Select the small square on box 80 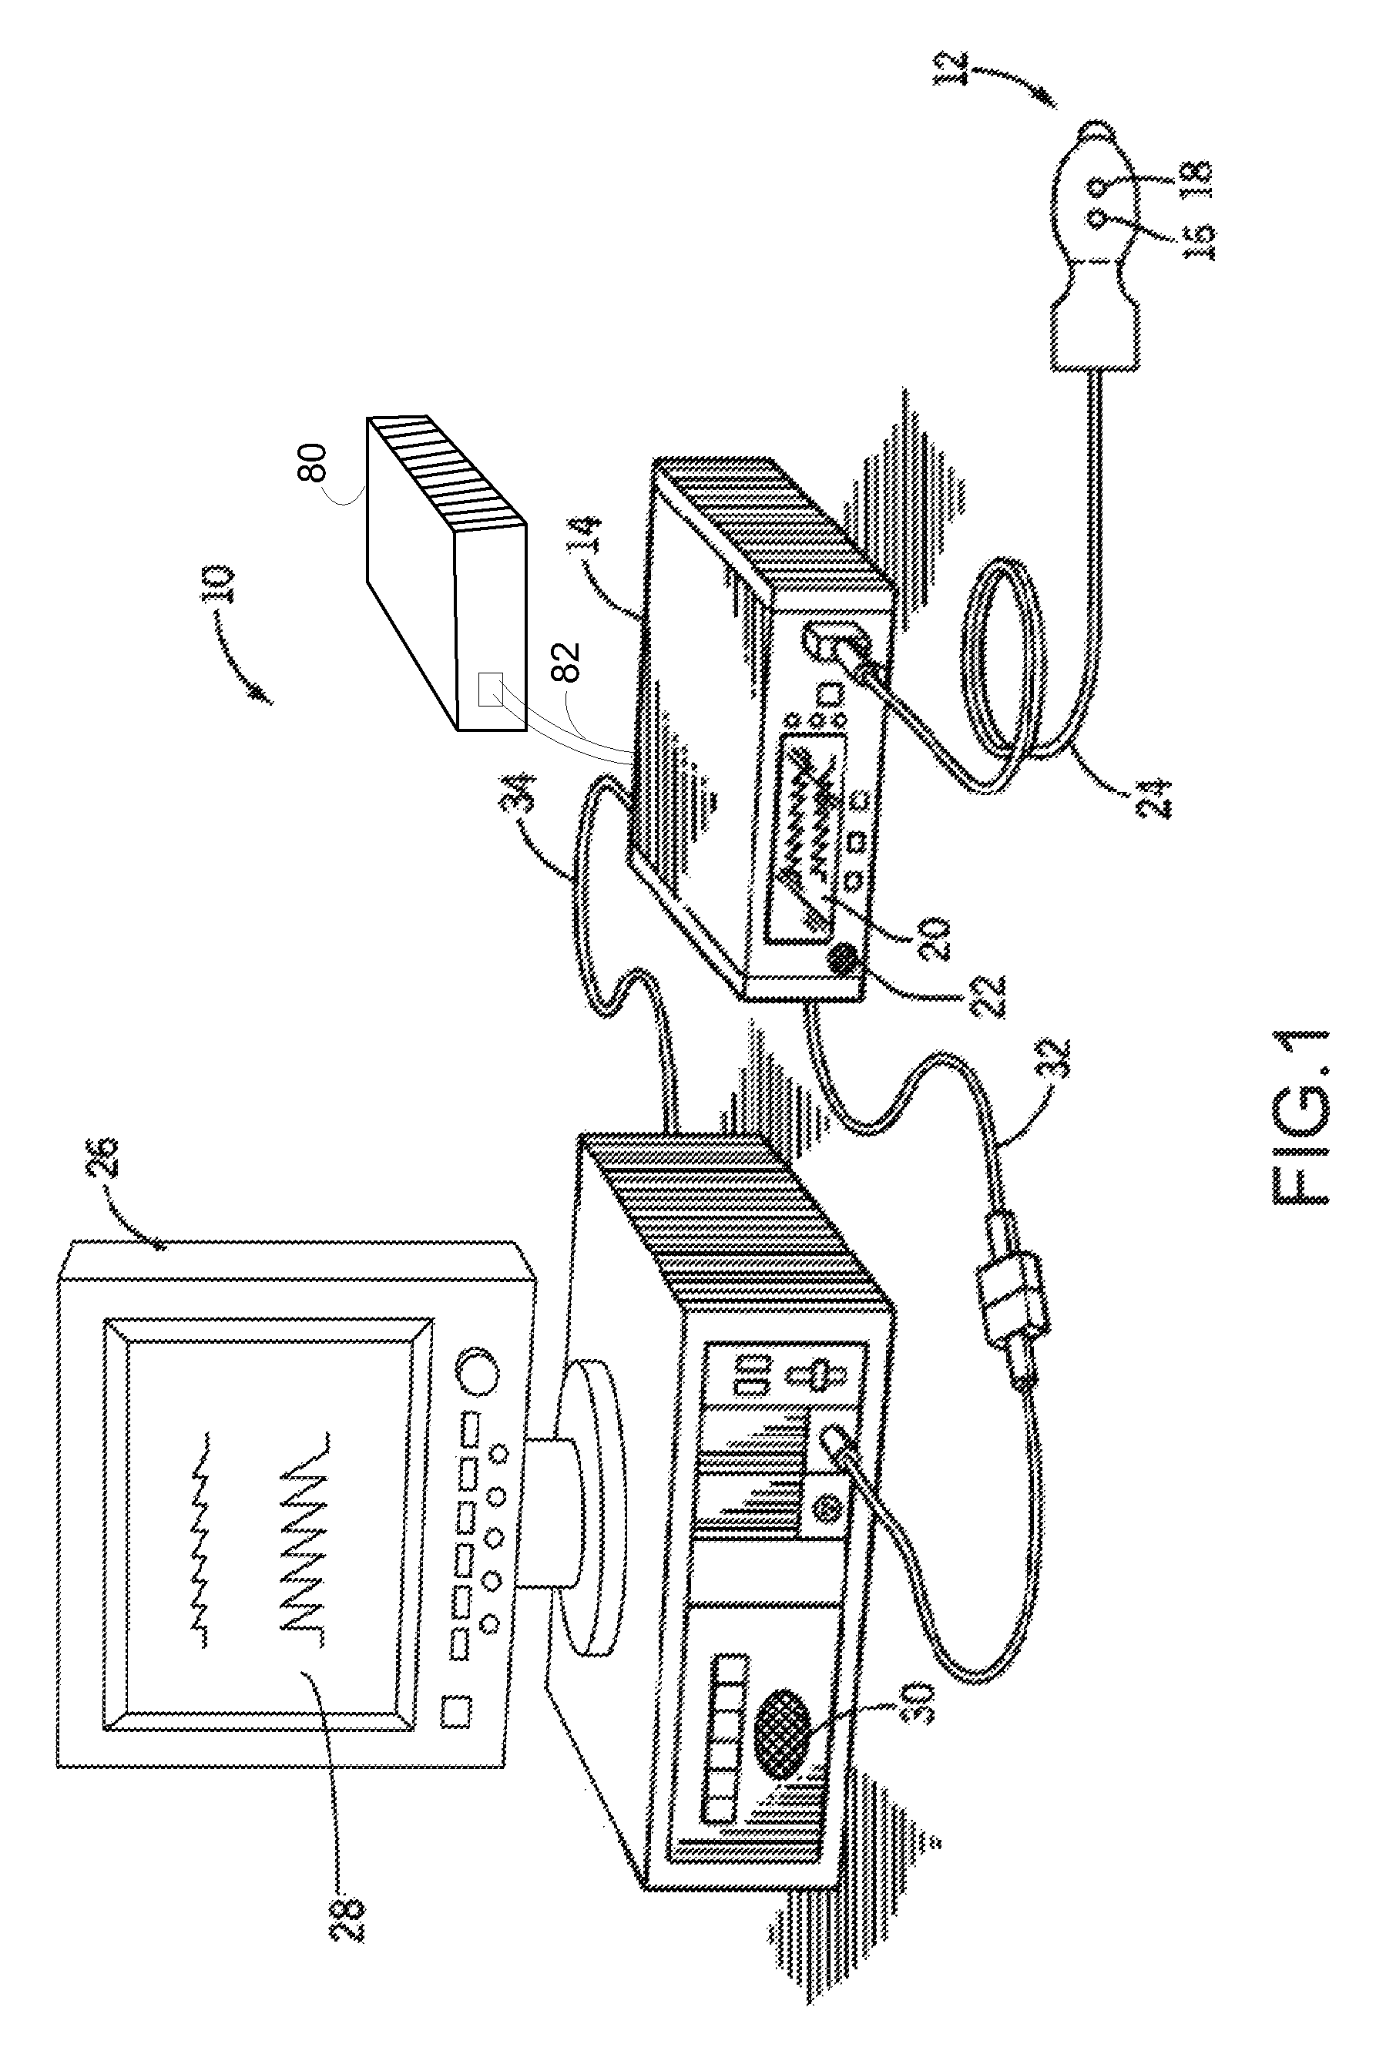coord(491,687)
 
